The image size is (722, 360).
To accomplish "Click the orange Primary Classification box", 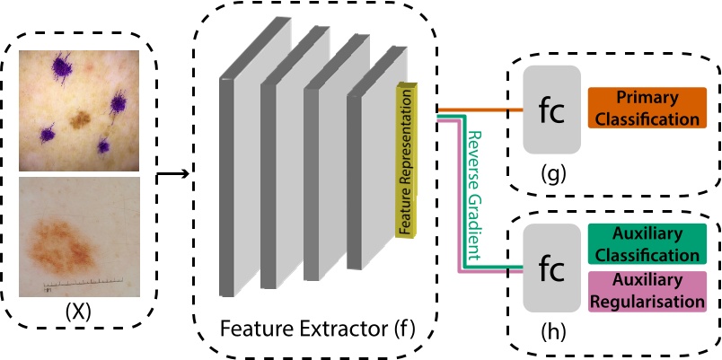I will [x=647, y=109].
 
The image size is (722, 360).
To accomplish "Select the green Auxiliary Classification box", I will [x=647, y=243].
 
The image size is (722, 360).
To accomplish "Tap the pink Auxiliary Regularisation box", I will [x=647, y=291].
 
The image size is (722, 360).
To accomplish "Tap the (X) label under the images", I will [x=81, y=313].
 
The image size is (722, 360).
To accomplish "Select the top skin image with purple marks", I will [x=80, y=110].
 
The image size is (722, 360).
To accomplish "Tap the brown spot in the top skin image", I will [x=81, y=119].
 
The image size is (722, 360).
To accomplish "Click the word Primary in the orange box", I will [x=647, y=98].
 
